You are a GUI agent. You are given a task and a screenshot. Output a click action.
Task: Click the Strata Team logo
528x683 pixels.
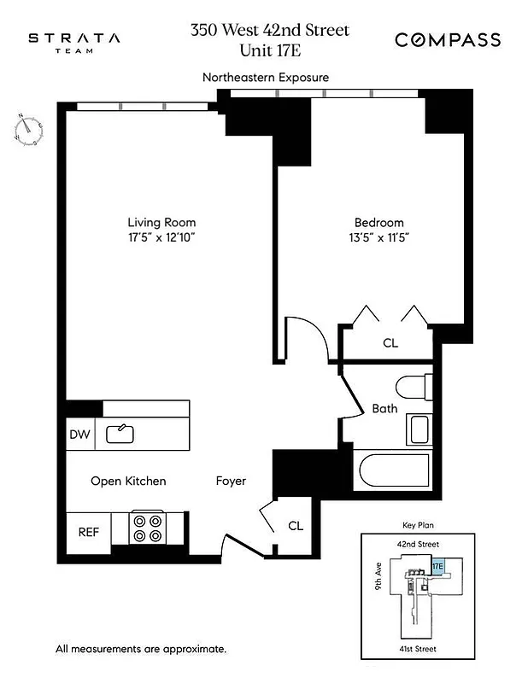pyautogui.click(x=74, y=43)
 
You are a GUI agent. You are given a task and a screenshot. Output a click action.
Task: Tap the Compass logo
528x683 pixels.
pyautogui.click(x=447, y=40)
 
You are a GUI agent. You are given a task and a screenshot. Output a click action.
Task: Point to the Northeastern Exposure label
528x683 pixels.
pyautogui.click(x=265, y=78)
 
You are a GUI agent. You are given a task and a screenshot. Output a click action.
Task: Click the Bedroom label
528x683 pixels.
pyautogui.click(x=379, y=223)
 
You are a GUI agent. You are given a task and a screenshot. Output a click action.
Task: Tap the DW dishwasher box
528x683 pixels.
pyautogui.click(x=79, y=435)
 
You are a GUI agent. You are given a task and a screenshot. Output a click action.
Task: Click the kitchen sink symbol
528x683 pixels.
pyautogui.click(x=120, y=434)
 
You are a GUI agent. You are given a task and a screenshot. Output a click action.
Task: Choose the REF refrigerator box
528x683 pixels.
pyautogui.click(x=89, y=531)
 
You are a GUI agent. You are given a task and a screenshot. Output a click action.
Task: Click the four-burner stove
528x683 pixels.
pyautogui.click(x=147, y=528)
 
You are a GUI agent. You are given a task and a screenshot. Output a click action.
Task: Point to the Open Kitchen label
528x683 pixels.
pyautogui.click(x=128, y=482)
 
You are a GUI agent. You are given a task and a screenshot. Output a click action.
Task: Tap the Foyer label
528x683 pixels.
pyautogui.click(x=231, y=482)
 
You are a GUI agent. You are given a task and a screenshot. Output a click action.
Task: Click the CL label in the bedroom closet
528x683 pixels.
pyautogui.click(x=390, y=343)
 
